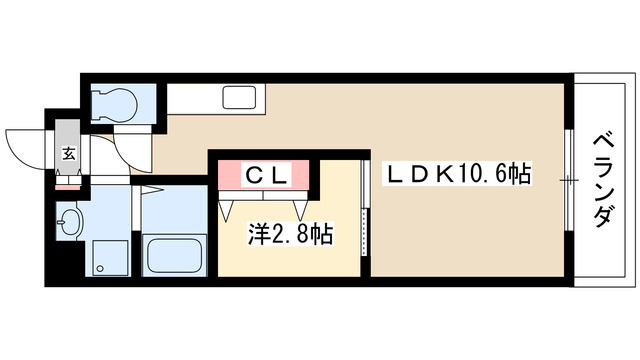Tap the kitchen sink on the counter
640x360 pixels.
[239, 99]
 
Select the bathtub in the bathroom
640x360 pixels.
[175, 254]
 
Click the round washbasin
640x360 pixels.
[69, 222]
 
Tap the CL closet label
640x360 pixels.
[268, 174]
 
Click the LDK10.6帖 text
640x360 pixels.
[459, 174]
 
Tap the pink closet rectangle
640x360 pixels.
[268, 175]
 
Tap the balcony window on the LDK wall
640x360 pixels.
[568, 180]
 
